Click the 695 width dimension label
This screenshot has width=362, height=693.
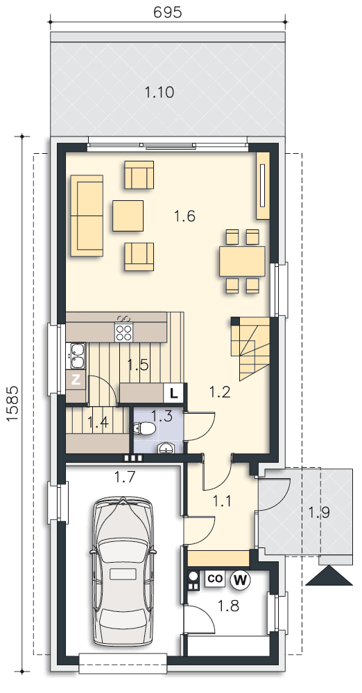[168, 12]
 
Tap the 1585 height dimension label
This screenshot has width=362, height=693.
[12, 405]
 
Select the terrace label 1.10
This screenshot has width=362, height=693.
[160, 92]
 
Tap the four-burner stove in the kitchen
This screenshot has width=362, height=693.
[124, 333]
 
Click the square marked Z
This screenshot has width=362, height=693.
[76, 380]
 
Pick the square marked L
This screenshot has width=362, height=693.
[174, 394]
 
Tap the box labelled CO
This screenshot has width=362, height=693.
[215, 579]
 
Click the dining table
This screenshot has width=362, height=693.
[242, 261]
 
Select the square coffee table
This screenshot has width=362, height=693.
[128, 216]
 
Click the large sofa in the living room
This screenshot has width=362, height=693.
[87, 216]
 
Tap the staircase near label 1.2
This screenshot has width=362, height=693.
[250, 349]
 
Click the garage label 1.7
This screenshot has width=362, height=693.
[125, 477]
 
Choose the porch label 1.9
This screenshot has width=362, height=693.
[319, 513]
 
